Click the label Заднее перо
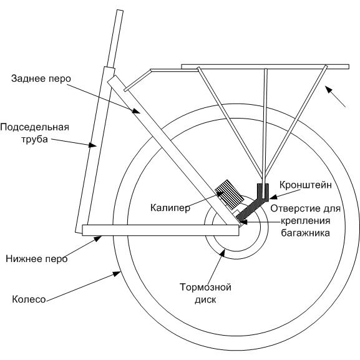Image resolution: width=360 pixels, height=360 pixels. (41, 79)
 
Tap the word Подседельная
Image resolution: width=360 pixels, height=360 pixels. (35, 127)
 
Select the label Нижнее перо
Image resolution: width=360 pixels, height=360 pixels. (37, 259)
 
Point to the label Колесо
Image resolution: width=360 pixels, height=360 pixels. (29, 299)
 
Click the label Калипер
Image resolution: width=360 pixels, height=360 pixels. (170, 208)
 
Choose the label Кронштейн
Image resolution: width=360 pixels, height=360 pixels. (306, 185)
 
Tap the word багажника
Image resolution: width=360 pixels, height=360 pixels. (306, 233)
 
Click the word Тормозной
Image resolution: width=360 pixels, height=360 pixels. (205, 287)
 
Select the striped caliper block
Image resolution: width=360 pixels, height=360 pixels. (230, 193)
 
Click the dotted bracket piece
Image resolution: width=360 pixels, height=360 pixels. (254, 204)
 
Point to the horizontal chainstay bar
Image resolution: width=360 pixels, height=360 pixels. (160, 230)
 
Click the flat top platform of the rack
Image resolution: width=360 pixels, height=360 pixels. (265, 67)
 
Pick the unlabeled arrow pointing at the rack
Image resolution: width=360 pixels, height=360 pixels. (336, 97)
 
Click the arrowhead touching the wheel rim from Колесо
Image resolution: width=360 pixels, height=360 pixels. (117, 273)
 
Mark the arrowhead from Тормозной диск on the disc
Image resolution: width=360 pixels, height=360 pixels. (222, 252)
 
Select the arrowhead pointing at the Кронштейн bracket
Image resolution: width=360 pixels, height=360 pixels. (273, 197)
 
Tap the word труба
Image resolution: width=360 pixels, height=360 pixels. (35, 140)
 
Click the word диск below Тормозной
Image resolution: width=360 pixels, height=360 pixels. (205, 299)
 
